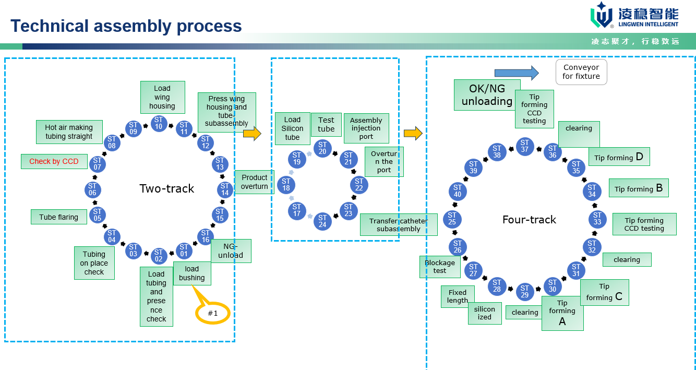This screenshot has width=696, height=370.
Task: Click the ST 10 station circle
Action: pyautogui.click(x=159, y=124)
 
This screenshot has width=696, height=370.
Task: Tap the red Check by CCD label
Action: pyautogui.click(x=54, y=161)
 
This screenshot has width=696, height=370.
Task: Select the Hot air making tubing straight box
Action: pyautogui.click(x=69, y=132)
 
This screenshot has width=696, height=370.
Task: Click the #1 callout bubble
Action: pyautogui.click(x=213, y=313)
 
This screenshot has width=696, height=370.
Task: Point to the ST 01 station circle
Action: pyautogui.click(x=184, y=251)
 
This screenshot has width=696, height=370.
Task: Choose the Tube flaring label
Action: pyautogui.click(x=58, y=217)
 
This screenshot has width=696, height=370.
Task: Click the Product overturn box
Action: pyautogui.click(x=254, y=182)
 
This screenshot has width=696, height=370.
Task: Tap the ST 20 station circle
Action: pyautogui.click(x=322, y=148)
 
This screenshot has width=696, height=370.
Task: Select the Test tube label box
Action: pyautogui.click(x=326, y=125)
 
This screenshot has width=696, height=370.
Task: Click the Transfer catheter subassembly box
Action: pyautogui.click(x=398, y=225)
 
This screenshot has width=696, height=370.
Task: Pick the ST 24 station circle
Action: pyautogui.click(x=322, y=221)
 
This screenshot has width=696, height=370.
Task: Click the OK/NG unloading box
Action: pyautogui.click(x=487, y=95)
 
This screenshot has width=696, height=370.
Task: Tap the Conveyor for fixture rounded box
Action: pyautogui.click(x=581, y=72)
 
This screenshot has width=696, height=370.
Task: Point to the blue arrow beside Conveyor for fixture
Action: pyautogui.click(x=516, y=73)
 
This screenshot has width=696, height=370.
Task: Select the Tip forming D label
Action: pyautogui.click(x=619, y=157)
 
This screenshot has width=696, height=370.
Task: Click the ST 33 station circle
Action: pyautogui.click(x=597, y=219)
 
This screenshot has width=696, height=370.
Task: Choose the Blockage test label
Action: pyautogui.click(x=439, y=267)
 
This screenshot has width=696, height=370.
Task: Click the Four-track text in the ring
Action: pyautogui.click(x=529, y=220)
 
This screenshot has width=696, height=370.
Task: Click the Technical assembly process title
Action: pyautogui.click(x=126, y=26)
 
